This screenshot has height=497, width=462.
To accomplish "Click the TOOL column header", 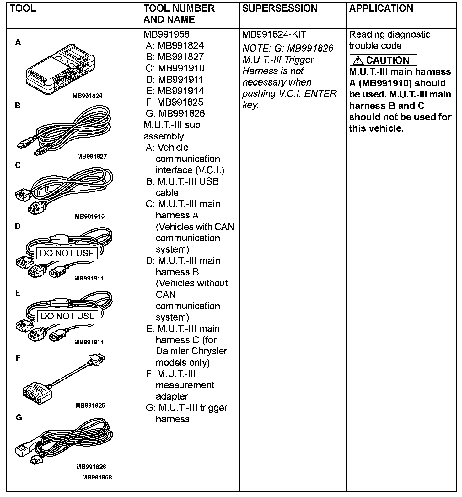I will tap(23, 8).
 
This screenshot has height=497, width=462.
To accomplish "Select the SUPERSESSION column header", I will tap(280, 8).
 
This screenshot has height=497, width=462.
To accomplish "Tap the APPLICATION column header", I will tap(381, 8).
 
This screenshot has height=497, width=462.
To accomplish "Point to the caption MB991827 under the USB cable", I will tap(92, 156).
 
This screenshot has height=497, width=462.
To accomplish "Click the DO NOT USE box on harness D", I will tap(67, 253).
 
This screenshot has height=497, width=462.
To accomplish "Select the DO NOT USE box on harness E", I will tap(68, 316).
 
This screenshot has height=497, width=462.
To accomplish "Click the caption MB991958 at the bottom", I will tap(97, 477).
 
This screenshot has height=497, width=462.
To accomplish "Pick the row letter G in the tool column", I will tap(19, 418).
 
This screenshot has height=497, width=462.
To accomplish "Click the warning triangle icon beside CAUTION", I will tap(358, 60).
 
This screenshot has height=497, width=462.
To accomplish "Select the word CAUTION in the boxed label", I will tap(388, 60).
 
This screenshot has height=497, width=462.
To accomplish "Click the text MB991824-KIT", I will tap(274, 34).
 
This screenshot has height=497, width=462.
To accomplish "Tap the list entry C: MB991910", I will tap(175, 68).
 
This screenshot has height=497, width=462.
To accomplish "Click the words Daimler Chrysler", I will tap(191, 351).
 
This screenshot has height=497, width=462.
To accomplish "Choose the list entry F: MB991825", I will tap(175, 102).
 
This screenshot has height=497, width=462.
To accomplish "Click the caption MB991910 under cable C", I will tap(89, 217).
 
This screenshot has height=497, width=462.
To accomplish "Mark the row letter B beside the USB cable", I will tap(18, 106).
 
